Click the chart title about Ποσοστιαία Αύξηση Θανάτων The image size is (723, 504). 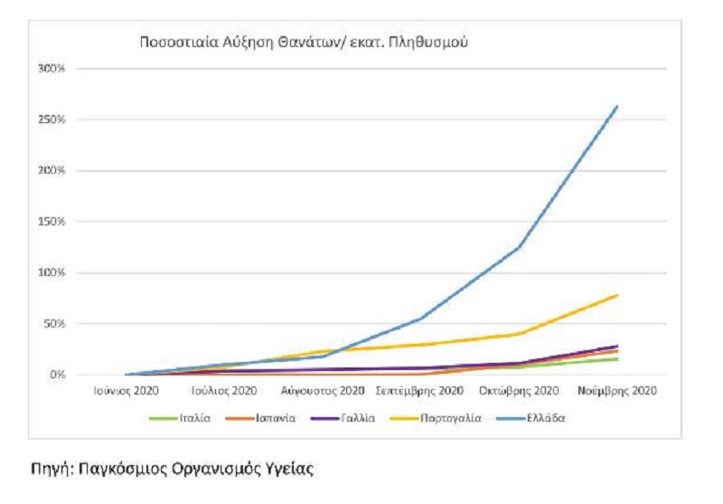point(303,42)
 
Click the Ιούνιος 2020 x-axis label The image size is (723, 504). point(127,392)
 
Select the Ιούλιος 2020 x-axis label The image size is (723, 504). point(224,392)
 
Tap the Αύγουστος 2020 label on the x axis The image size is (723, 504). point(322,392)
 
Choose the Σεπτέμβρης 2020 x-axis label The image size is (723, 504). point(419,392)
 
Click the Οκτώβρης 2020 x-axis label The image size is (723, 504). point(519,392)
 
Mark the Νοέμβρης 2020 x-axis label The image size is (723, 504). point(618,392)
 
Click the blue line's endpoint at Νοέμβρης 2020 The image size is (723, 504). point(617,106)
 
